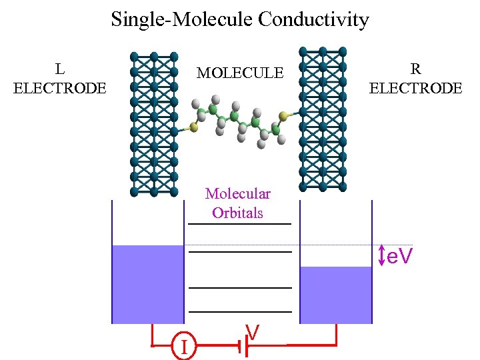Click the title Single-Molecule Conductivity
click(239, 19)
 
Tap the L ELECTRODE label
click(59, 78)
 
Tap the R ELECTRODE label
click(415, 78)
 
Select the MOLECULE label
click(239, 73)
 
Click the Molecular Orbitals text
click(237, 203)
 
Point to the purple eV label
click(400, 255)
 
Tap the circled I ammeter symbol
click(183, 346)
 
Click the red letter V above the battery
click(252, 331)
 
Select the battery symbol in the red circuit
click(245, 345)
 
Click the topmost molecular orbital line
click(240, 225)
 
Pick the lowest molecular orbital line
click(240, 311)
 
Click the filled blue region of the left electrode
click(147, 284)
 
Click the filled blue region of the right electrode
click(335, 295)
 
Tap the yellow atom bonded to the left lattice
click(193, 125)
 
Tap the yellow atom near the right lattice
click(283, 117)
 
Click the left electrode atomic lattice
click(154, 123)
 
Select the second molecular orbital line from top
click(240, 252)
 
